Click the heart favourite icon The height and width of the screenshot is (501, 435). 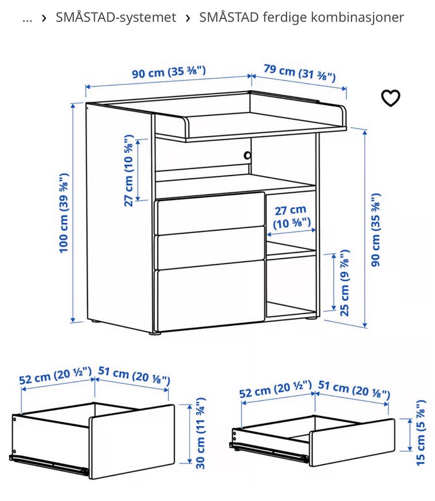pyautogui.click(x=391, y=98)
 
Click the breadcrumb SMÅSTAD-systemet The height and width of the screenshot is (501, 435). pyautogui.click(x=116, y=17)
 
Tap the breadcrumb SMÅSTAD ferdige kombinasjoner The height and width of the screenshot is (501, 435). pyautogui.click(x=302, y=17)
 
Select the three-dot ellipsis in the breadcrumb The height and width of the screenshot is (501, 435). pyautogui.click(x=28, y=19)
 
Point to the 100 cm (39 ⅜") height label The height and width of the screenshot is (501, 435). pyautogui.click(x=64, y=212)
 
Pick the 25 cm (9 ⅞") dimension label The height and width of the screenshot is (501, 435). pyautogui.click(x=345, y=283)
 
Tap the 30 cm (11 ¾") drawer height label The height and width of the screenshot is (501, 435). pyautogui.click(x=201, y=433)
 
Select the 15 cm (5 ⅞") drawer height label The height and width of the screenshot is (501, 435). pyautogui.click(x=420, y=432)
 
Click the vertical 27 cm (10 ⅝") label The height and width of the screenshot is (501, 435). pyautogui.click(x=129, y=171)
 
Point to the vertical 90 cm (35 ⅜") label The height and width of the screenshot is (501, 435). pyautogui.click(x=376, y=230)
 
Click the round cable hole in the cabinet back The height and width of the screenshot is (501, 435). pyautogui.click(x=247, y=155)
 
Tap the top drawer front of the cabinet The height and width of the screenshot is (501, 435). pyautogui.click(x=210, y=213)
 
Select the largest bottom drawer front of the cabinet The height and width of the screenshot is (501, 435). pyautogui.click(x=210, y=295)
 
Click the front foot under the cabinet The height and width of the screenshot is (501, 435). pyautogui.click(x=155, y=333)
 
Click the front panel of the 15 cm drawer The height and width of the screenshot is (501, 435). pyautogui.click(x=352, y=442)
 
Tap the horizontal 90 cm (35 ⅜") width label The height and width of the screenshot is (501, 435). pyautogui.click(x=169, y=72)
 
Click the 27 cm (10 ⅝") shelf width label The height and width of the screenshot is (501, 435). pyautogui.click(x=291, y=217)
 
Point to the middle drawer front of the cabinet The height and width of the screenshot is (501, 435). pyautogui.click(x=210, y=248)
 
